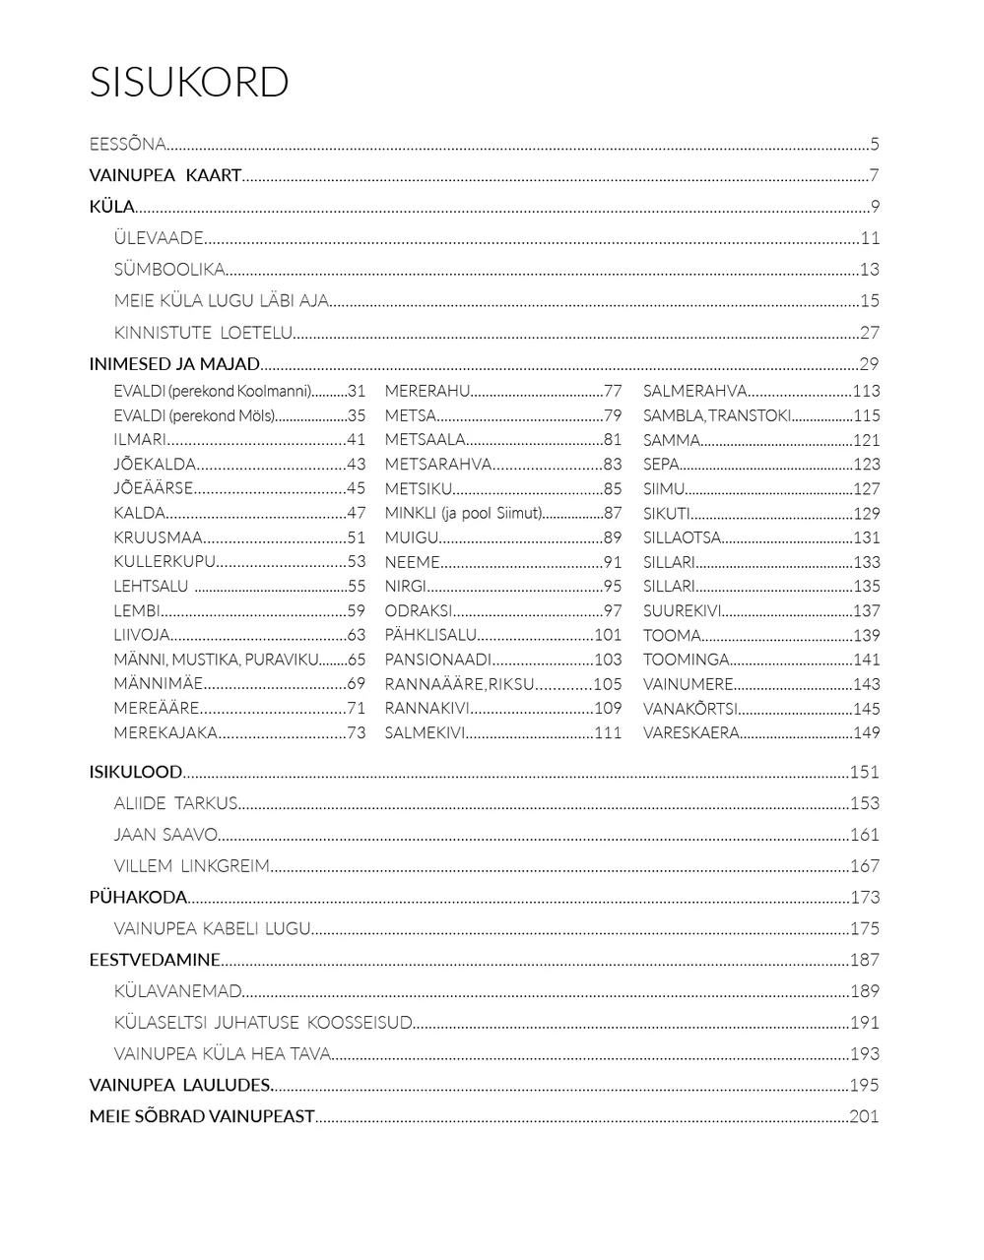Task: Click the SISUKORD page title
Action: tap(189, 83)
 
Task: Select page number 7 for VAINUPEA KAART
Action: tap(874, 176)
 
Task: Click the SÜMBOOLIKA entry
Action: tap(169, 270)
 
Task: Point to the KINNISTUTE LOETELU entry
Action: tap(203, 333)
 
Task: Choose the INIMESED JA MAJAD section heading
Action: tap(174, 364)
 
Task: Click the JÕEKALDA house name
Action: tap(155, 465)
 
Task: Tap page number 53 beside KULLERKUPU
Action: tap(356, 562)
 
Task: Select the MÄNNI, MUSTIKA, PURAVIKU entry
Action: tap(216, 660)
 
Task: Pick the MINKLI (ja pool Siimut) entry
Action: tap(463, 513)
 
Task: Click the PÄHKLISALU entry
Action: tap(430, 635)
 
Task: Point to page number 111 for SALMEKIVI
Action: tap(608, 732)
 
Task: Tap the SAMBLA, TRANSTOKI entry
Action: tap(717, 415)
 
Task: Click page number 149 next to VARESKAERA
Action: tap(866, 732)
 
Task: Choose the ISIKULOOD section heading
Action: tap(136, 773)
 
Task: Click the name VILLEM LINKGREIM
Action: tap(191, 866)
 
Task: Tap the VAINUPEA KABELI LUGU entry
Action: tap(212, 928)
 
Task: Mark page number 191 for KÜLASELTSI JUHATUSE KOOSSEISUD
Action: tap(864, 1023)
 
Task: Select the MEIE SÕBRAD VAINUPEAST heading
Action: tap(202, 1116)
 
